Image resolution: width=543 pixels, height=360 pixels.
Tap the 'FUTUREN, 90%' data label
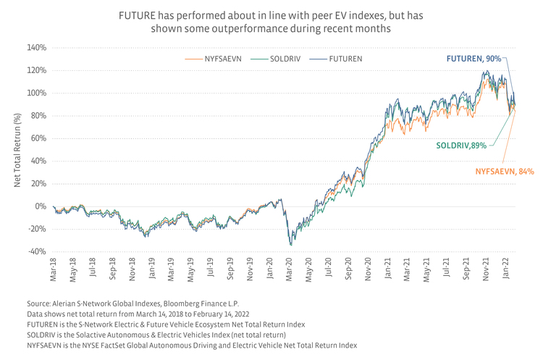472,59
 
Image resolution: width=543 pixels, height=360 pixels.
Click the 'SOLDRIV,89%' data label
461,146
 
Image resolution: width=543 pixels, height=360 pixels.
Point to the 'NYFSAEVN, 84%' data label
504,172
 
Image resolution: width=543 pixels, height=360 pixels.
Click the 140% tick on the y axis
36,48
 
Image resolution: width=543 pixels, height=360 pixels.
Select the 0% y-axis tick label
41,206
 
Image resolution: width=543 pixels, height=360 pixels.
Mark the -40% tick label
36,251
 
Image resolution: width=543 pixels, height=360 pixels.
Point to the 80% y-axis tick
38,116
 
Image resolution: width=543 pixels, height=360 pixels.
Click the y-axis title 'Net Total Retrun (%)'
18,150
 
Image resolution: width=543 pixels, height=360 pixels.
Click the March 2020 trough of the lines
291,245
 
